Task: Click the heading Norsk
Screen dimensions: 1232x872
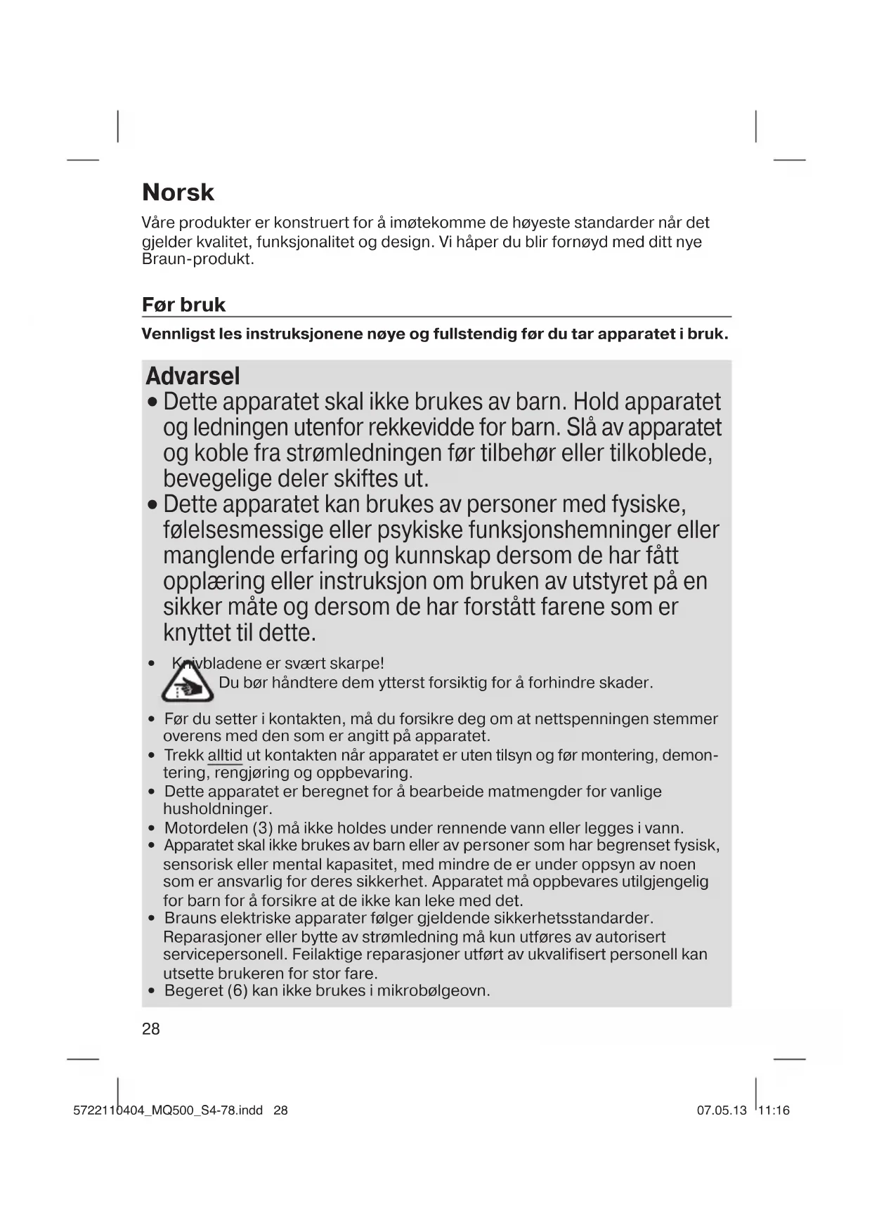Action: click(x=178, y=192)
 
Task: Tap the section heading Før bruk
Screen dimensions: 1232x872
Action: click(x=183, y=305)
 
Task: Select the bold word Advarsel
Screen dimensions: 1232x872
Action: click(x=193, y=376)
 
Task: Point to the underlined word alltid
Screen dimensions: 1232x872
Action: click(x=225, y=756)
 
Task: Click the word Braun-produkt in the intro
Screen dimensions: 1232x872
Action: click(x=197, y=259)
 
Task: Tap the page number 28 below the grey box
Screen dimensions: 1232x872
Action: click(x=151, y=1029)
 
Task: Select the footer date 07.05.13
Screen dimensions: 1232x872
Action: click(x=722, y=1110)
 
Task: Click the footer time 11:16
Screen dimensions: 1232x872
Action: click(x=774, y=1110)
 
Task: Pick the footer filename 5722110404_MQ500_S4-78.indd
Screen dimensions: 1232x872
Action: click(x=168, y=1110)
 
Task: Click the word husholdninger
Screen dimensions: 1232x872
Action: click(x=217, y=809)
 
